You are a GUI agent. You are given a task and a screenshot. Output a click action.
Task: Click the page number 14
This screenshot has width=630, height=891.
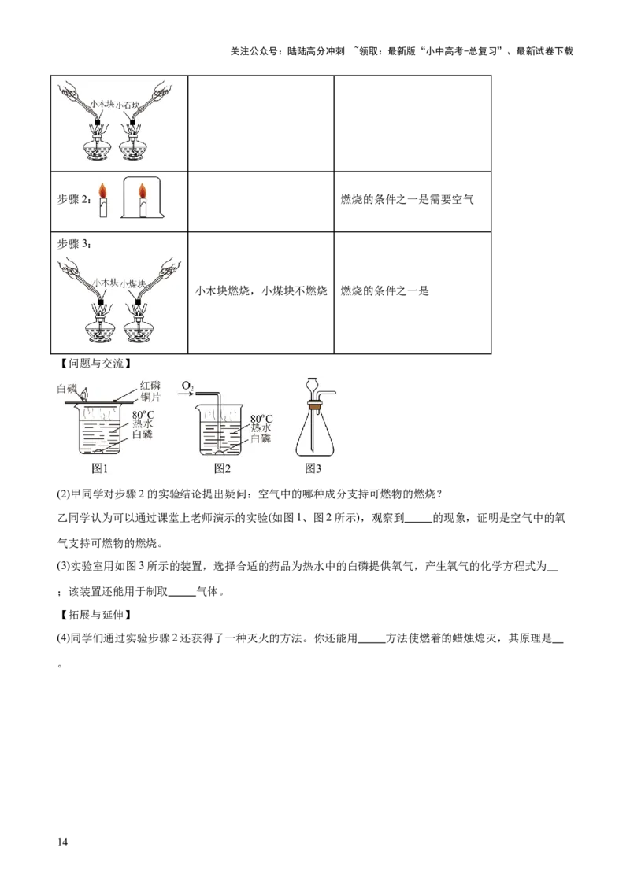[62, 841]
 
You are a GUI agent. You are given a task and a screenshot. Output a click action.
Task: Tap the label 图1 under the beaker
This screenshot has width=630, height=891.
[99, 468]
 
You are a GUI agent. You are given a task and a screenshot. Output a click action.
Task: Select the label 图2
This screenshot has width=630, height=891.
[222, 468]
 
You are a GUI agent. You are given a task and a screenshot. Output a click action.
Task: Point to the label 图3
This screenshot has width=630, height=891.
[313, 468]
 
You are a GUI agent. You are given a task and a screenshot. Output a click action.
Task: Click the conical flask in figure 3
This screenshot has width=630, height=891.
[314, 432]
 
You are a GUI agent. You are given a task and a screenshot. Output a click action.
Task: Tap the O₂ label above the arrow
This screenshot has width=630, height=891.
[187, 386]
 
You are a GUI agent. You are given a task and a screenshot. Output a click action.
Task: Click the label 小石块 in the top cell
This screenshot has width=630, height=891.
[128, 105]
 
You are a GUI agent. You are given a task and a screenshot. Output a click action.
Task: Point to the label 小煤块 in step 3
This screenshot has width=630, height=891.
[133, 283]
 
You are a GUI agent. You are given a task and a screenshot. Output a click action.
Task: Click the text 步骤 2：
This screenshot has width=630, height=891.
[74, 199]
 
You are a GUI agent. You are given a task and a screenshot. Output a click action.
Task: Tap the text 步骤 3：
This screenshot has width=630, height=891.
[74, 244]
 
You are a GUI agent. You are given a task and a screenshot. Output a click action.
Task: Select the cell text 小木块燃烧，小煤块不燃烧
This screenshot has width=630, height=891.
[261, 291]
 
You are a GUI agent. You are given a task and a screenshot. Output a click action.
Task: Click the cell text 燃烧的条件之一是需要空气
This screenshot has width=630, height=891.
[407, 199]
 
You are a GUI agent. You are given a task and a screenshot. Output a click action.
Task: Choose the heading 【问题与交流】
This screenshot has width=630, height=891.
[95, 364]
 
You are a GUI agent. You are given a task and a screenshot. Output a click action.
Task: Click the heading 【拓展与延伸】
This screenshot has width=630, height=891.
[95, 615]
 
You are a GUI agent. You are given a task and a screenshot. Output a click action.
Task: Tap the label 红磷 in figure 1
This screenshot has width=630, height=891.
[150, 386]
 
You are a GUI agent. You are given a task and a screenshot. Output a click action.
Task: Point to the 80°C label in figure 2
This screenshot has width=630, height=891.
[261, 420]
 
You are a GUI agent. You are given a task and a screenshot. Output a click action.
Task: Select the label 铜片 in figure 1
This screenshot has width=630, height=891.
[150, 397]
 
